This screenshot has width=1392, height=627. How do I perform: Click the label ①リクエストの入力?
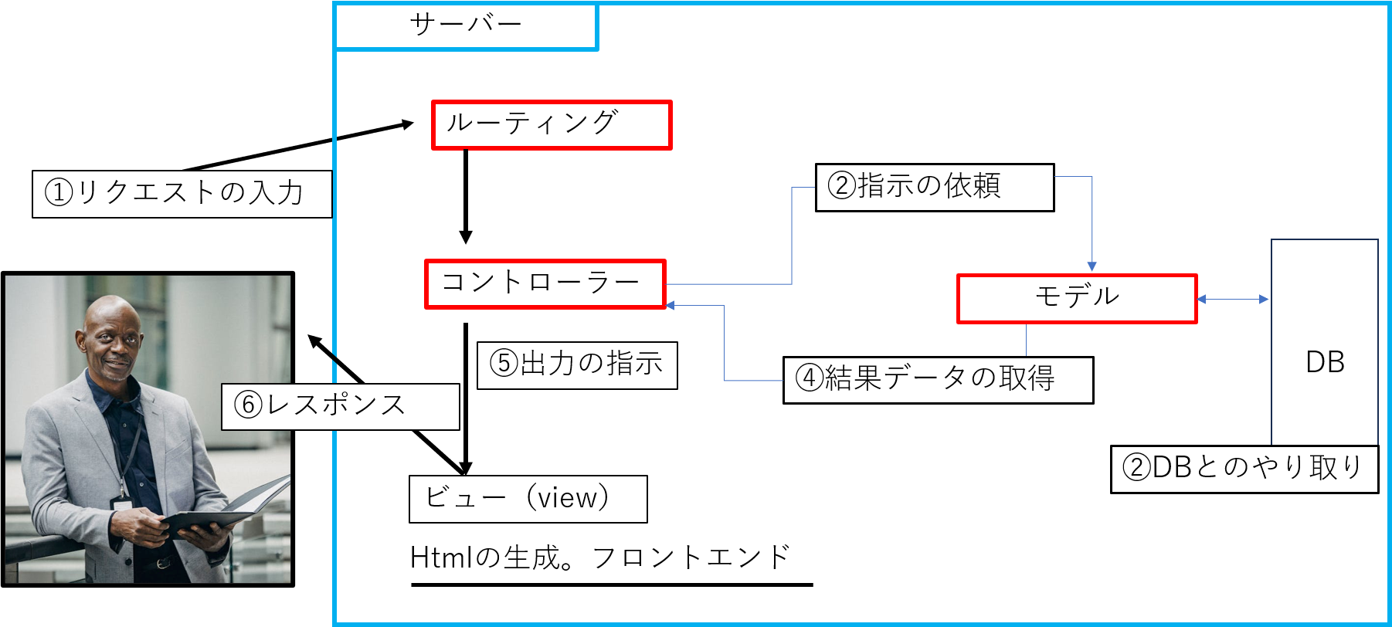pyautogui.click(x=182, y=193)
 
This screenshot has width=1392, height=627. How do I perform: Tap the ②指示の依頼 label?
pyautogui.click(x=934, y=187)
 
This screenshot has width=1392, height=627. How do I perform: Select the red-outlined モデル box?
pyautogui.click(x=1077, y=298)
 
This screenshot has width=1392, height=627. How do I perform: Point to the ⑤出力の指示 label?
pyautogui.click(x=577, y=364)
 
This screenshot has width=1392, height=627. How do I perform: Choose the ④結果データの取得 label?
pyautogui.click(x=938, y=379)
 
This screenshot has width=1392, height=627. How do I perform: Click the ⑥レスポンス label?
pyautogui.click(x=340, y=406)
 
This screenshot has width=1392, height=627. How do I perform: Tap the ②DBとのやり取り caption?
pyautogui.click(x=1244, y=468)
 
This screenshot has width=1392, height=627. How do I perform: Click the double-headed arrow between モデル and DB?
pyautogui.click(x=1233, y=299)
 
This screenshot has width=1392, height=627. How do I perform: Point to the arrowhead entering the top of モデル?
pyautogui.click(x=1092, y=267)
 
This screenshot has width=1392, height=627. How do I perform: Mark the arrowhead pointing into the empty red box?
pyautogui.click(x=671, y=306)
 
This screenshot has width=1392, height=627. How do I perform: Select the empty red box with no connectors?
pyautogui.click(x=552, y=124)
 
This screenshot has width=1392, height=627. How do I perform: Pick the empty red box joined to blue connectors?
pyautogui.click(x=545, y=284)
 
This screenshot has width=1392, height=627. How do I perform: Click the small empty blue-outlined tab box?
pyautogui.click(x=466, y=27)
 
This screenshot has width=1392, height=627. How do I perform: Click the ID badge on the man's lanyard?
pyautogui.click(x=122, y=503)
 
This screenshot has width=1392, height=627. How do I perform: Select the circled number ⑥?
pyautogui.click(x=249, y=405)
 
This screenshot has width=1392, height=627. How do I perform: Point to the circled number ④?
pyautogui.click(x=810, y=379)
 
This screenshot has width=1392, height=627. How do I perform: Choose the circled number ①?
pyautogui.click(x=59, y=193)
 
